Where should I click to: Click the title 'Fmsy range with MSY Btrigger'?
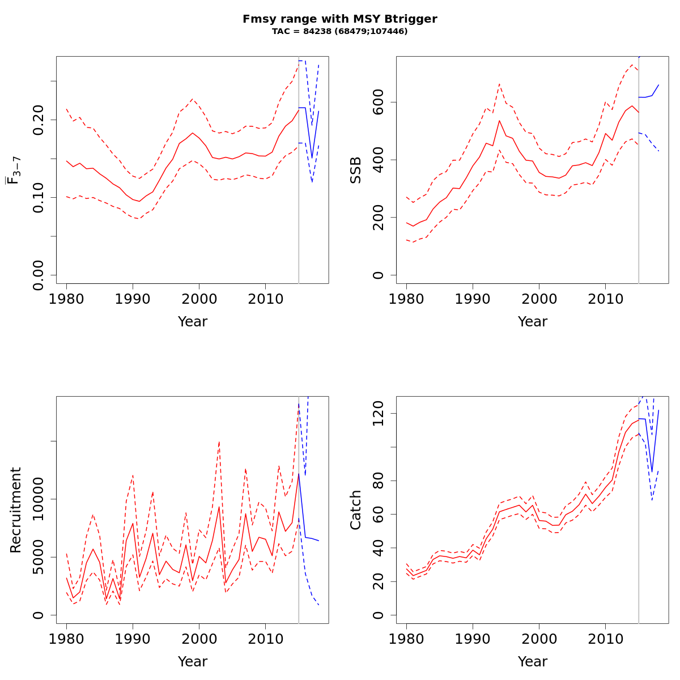pyautogui.click(x=340, y=19)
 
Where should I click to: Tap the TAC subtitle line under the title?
pyautogui.click(x=340, y=31)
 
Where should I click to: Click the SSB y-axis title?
pyautogui.click(x=355, y=170)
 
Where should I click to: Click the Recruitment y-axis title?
pyautogui.click(x=15, y=510)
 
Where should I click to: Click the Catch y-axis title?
pyautogui.click(x=355, y=510)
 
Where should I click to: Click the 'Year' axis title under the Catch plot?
pyautogui.click(x=532, y=661)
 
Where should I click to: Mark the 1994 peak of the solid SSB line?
pyautogui.click(x=499, y=120)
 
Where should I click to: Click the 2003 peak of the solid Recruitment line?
pyautogui.click(x=219, y=506)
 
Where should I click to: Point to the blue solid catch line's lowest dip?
pyautogui.click(x=652, y=471)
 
